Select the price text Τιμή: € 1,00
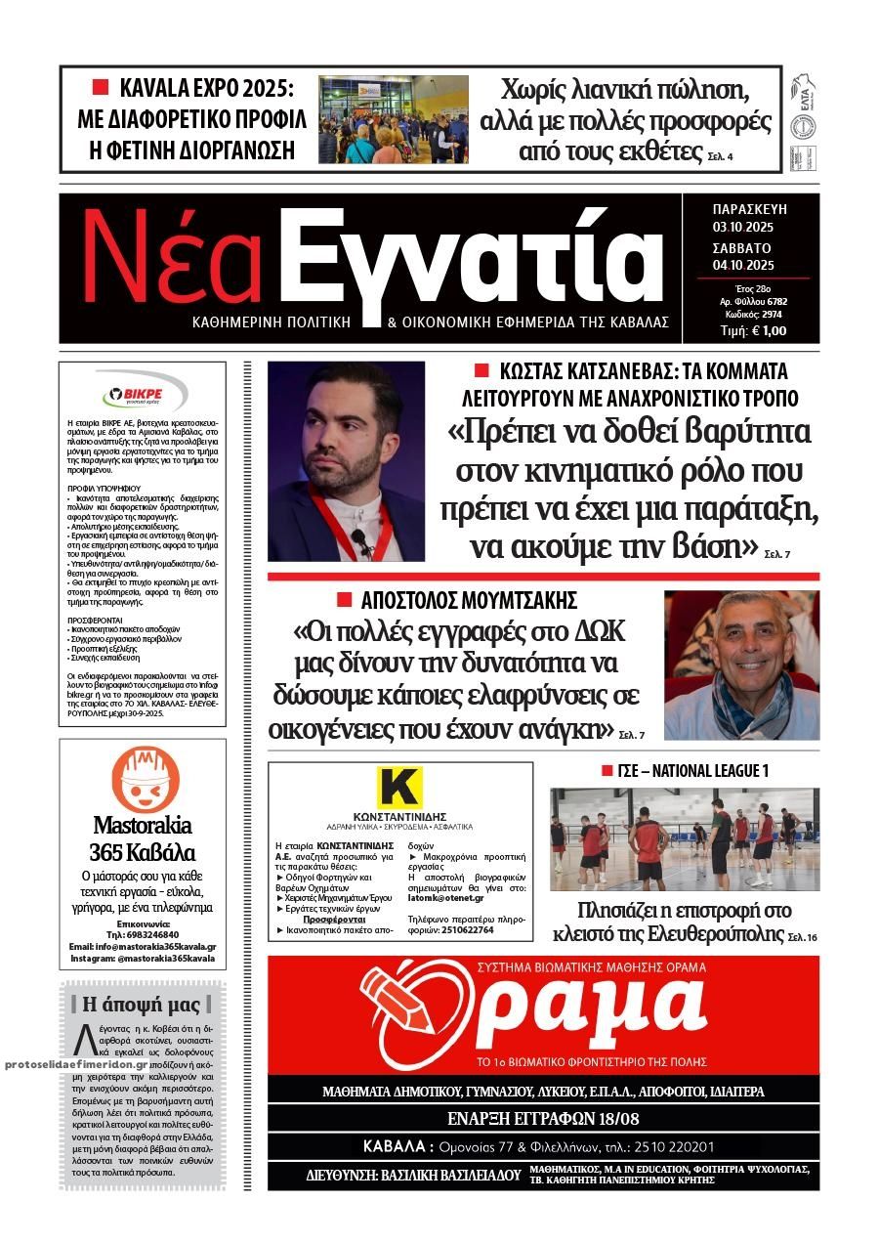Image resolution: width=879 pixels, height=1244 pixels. (753, 330)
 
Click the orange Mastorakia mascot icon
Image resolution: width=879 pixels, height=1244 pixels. (144, 777)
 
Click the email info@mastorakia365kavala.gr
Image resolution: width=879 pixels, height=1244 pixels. (143, 947)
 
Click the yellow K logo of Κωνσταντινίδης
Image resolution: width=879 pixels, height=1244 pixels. (398, 788)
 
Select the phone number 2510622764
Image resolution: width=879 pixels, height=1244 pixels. (465, 930)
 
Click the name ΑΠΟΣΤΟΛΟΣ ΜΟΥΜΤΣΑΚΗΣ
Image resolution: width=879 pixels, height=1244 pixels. (469, 600)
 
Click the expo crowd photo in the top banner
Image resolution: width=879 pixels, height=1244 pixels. (393, 118)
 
